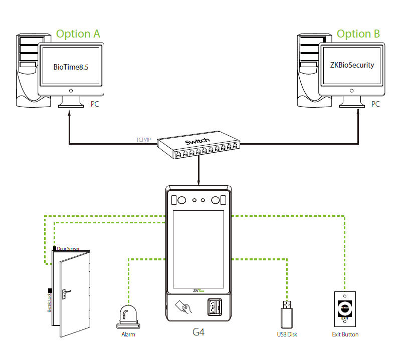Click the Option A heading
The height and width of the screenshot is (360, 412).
[78, 34]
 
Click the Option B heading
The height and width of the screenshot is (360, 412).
[358, 34]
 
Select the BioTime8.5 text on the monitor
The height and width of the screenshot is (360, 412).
[71, 67]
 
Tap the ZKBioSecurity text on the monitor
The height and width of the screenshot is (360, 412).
[352, 65]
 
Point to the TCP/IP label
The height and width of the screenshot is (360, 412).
[143, 139]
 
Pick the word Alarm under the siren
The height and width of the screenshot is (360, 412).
[128, 334]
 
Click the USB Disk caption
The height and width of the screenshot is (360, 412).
[287, 334]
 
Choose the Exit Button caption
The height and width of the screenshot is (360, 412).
[345, 334]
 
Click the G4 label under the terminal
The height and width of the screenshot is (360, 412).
[199, 332]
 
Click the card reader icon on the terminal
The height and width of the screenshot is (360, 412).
[183, 306]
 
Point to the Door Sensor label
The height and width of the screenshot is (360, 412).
[68, 248]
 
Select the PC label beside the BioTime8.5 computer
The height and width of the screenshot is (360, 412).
[95, 104]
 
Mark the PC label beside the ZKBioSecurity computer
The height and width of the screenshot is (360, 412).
[375, 104]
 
